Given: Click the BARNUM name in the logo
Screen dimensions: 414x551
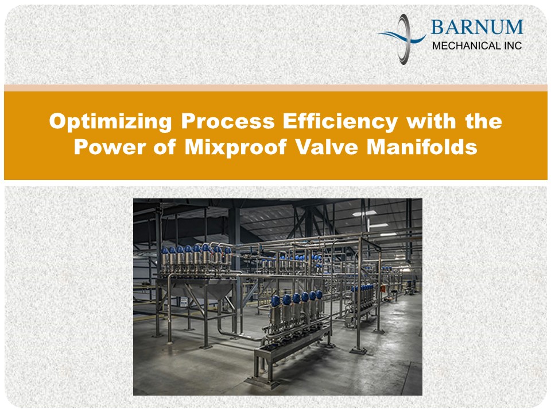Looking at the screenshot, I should coord(476,28).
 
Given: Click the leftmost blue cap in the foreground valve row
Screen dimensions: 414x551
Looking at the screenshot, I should coord(275,301).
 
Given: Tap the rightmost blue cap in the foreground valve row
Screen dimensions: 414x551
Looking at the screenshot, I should coord(319,295).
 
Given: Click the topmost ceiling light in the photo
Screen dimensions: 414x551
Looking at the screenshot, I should coord(364,213).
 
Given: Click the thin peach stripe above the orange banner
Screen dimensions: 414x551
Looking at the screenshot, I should coord(275,87).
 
